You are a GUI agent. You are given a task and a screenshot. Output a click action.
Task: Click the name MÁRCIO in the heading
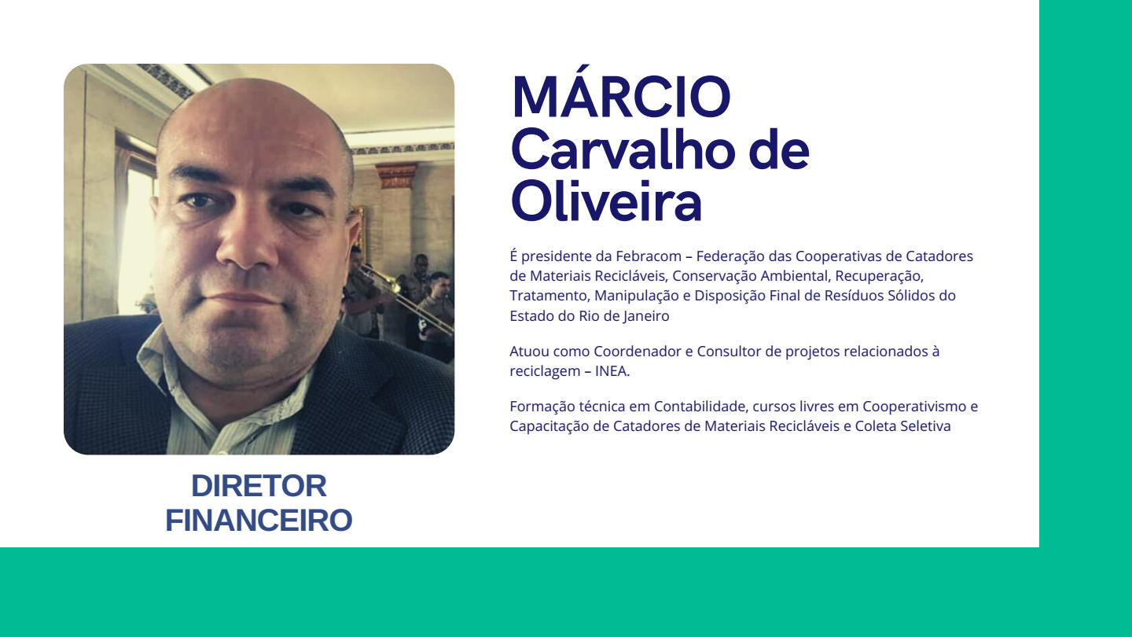coord(621,91)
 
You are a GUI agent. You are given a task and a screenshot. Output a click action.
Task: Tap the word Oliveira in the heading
coord(606,201)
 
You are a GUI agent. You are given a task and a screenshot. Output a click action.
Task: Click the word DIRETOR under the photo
coord(259,486)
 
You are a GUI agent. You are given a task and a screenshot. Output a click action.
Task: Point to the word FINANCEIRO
coord(259,521)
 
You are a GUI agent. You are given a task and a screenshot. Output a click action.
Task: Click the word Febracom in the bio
coord(649,256)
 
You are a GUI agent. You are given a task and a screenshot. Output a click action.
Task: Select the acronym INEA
coord(612,371)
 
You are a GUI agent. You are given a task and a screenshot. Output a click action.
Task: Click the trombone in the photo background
coord(404,298)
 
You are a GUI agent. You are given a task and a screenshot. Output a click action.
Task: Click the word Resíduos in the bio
coord(855,296)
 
